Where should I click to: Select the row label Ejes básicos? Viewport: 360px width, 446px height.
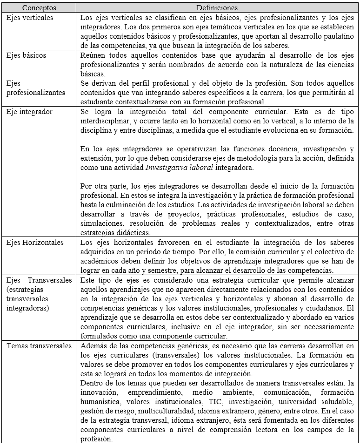26,55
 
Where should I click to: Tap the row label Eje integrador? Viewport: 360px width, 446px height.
29,112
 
